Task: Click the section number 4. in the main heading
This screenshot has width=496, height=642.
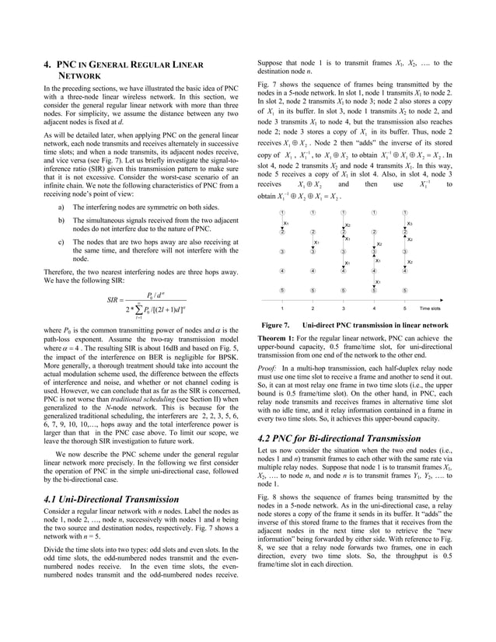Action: (x=47, y=66)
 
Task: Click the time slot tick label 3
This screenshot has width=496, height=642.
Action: (x=343, y=307)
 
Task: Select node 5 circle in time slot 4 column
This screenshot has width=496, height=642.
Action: (x=374, y=290)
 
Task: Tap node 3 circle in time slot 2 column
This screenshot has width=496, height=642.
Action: (x=313, y=251)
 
